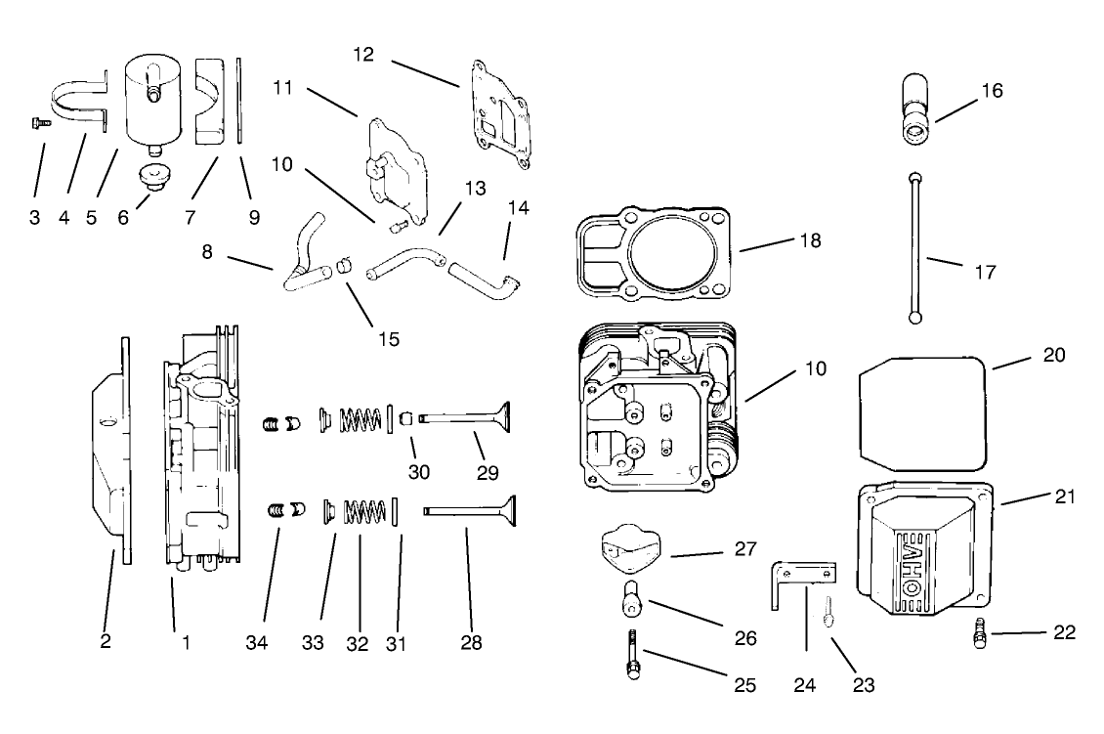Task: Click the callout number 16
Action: [992, 91]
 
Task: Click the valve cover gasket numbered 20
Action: [923, 410]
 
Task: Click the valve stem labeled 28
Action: [469, 510]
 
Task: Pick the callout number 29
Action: [488, 473]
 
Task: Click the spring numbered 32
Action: [363, 511]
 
